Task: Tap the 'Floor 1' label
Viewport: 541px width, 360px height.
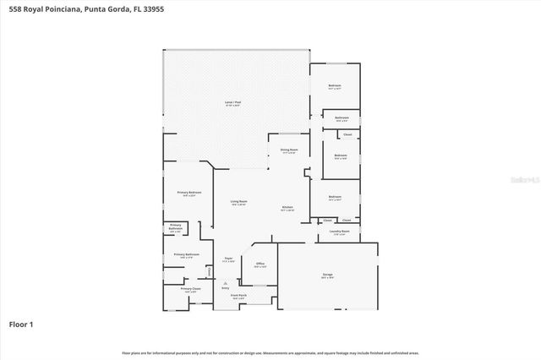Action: (21, 324)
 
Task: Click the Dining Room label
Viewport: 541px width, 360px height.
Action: (288, 150)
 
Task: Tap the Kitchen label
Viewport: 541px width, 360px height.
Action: (287, 208)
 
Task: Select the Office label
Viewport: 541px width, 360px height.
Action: (260, 265)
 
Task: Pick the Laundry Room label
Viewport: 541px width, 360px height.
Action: (340, 232)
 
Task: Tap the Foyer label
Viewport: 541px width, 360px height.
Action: (228, 259)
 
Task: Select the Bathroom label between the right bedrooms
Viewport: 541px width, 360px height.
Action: (342, 118)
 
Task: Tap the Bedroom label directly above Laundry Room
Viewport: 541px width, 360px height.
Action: (336, 199)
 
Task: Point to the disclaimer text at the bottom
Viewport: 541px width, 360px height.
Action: (270, 352)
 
